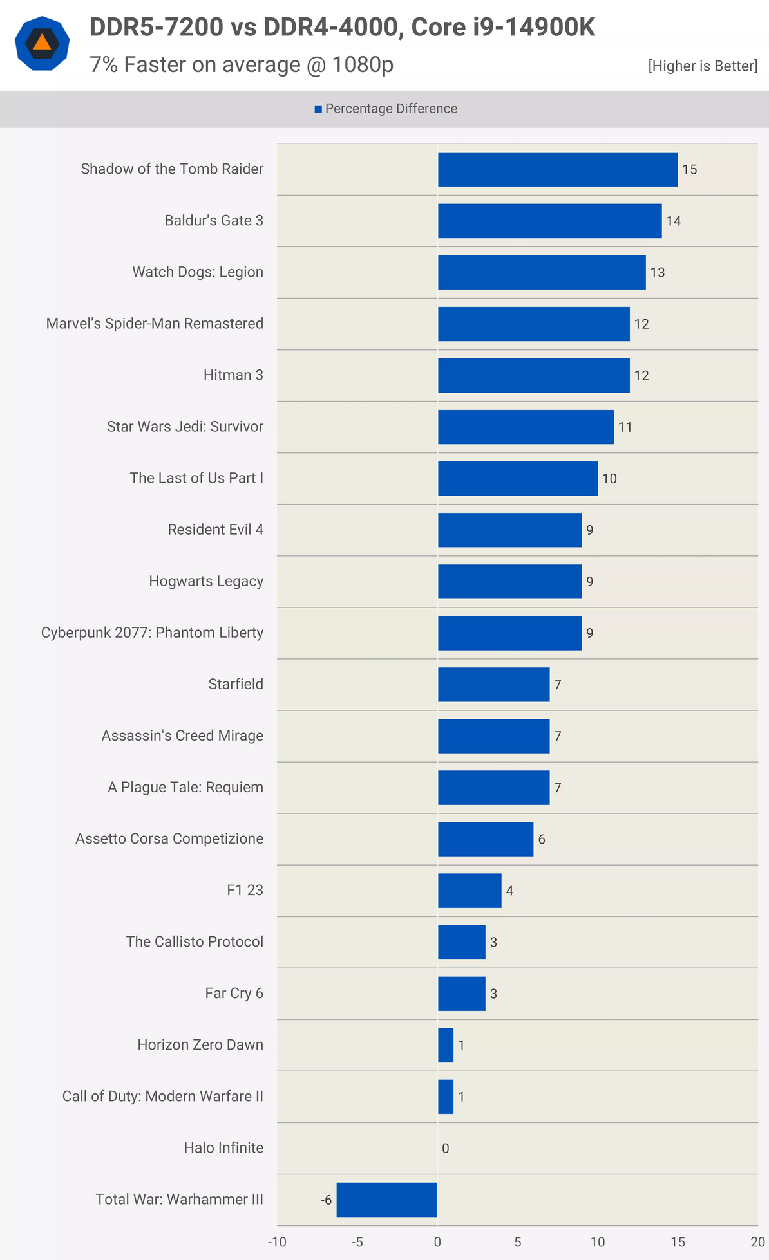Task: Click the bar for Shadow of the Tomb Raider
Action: (558, 169)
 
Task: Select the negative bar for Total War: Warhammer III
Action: (386, 1200)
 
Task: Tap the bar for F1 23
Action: (470, 891)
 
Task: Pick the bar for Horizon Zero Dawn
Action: (446, 1045)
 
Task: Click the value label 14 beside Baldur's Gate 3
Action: (674, 221)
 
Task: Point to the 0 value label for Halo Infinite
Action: (446, 1148)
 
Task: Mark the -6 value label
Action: (326, 1200)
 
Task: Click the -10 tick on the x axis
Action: (277, 1242)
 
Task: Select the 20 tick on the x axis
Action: (757, 1242)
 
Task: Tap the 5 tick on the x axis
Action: (518, 1242)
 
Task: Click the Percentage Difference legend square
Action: (318, 109)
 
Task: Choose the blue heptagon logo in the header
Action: (42, 44)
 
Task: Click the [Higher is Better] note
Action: (703, 66)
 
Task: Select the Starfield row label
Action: (236, 684)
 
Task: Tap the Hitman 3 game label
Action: (233, 375)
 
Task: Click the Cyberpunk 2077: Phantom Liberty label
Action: (152, 633)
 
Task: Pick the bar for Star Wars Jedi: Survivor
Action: (526, 427)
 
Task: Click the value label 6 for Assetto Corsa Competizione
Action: (542, 839)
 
